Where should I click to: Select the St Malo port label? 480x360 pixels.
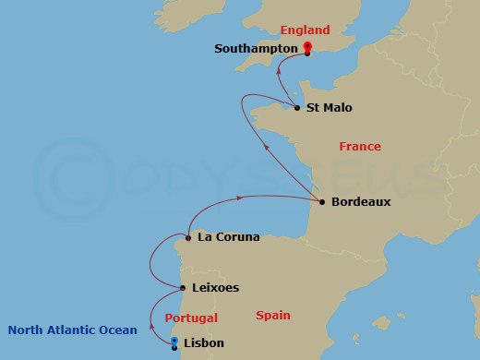click(330, 108)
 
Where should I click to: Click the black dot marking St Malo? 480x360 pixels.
click(296, 109)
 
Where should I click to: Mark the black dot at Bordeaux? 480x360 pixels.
click(321, 202)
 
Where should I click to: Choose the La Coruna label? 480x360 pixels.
click(228, 237)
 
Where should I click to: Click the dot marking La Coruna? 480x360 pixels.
click(188, 238)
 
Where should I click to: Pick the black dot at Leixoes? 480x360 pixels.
click(181, 288)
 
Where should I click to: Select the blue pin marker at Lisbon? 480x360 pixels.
click(174, 342)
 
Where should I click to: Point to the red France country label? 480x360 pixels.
click(359, 147)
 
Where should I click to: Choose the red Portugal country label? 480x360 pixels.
click(191, 318)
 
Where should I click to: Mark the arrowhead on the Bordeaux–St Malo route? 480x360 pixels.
click(266, 147)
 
